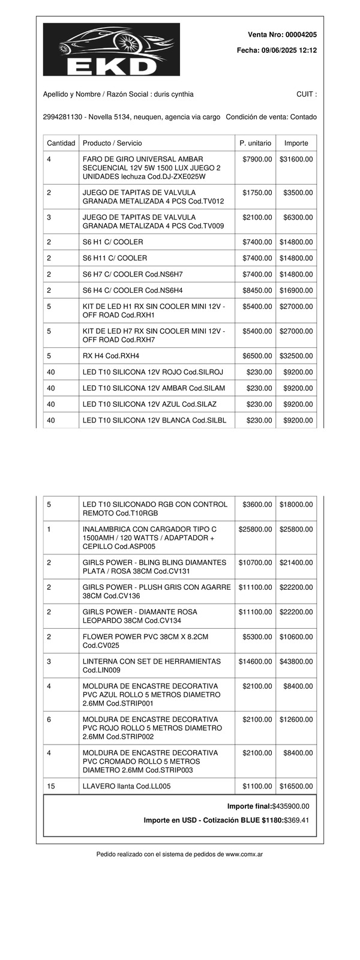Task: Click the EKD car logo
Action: pos(111,49)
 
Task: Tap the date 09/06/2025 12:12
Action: pos(289,51)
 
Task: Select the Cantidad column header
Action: pos(61,143)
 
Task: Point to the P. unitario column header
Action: pos(255,143)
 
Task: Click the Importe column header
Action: pos(296,143)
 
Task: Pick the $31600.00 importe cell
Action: pos(296,159)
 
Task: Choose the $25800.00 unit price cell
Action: pos(255,529)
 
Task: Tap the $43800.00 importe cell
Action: pos(296,661)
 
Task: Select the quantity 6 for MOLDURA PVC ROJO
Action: pos(49,719)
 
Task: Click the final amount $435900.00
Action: pos(291,806)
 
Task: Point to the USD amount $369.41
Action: pos(296,820)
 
